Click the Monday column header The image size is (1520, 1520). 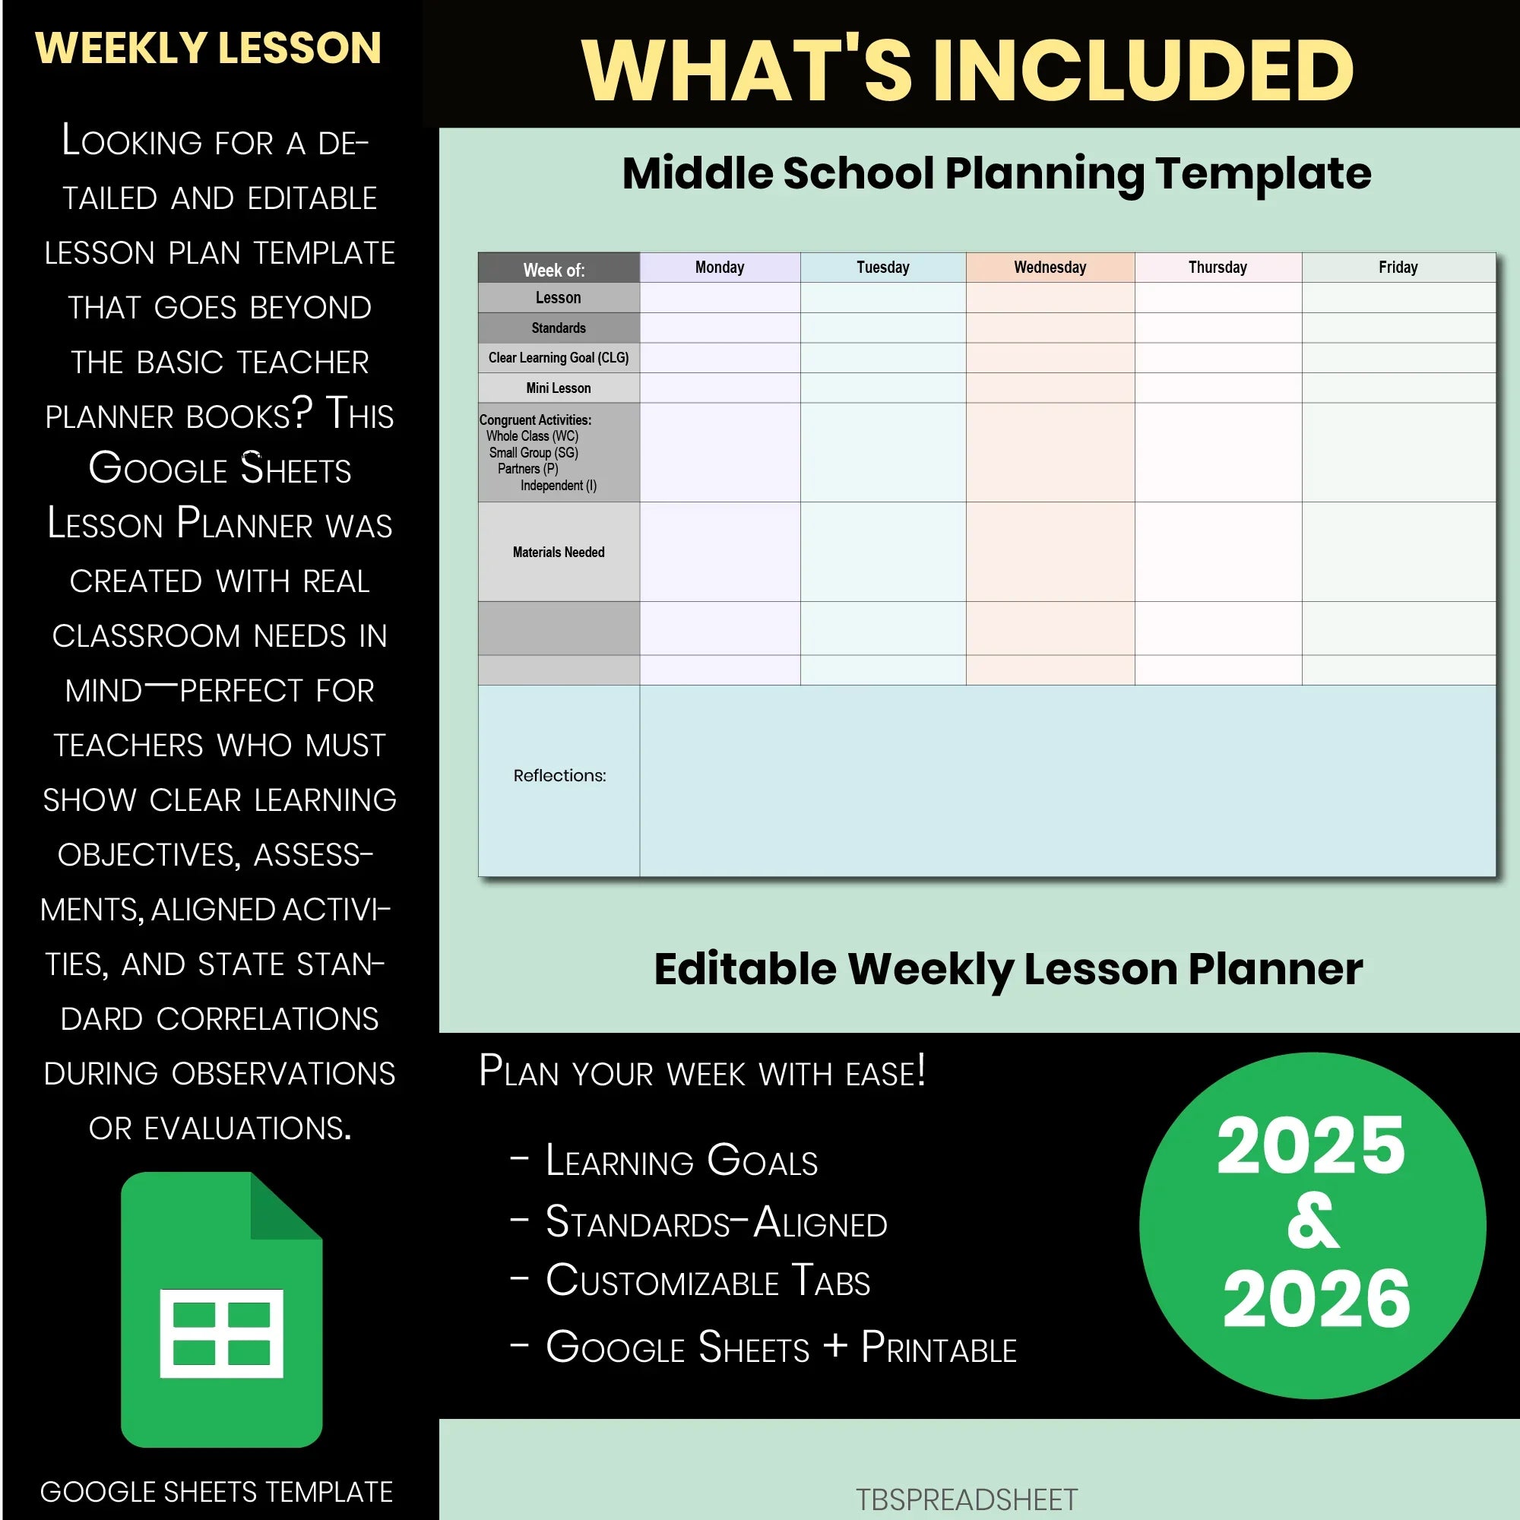coord(719,268)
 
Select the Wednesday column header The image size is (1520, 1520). coord(1050,268)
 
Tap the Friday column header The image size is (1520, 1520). coord(1398,268)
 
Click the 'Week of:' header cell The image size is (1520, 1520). coord(555,270)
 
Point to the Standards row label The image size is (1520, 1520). coord(558,328)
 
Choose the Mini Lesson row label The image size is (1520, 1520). coord(558,388)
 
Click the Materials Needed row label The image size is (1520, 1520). coord(558,553)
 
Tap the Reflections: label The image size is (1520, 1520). coord(559,776)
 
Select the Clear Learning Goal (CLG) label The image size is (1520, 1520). coord(558,358)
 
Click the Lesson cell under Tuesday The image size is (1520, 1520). coord(882,298)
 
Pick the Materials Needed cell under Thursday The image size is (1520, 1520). coord(1217,553)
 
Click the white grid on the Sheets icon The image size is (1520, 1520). coord(221,1334)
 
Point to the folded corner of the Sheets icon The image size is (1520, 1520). coord(285,1206)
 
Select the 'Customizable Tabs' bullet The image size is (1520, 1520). coord(708,1281)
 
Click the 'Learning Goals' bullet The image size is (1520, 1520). coord(681,1161)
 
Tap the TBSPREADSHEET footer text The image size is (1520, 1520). coord(966,1499)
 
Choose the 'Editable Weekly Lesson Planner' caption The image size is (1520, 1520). coord(1008,969)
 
